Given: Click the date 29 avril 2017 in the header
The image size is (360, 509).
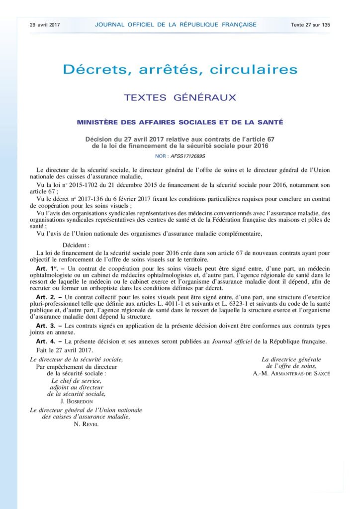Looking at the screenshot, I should pos(45,24).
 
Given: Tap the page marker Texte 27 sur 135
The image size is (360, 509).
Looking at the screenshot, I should pos(311,24).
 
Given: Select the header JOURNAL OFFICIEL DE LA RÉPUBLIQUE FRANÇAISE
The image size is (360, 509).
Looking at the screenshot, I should pos(176,24).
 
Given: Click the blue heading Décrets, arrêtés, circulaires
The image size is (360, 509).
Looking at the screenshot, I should pos(180,69).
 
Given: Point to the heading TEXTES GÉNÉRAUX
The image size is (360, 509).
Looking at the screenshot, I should pos(180,97).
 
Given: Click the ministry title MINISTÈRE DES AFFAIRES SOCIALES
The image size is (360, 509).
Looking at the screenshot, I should pos(180,122).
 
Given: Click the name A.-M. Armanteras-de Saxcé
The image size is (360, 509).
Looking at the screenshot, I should pos(291,373).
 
